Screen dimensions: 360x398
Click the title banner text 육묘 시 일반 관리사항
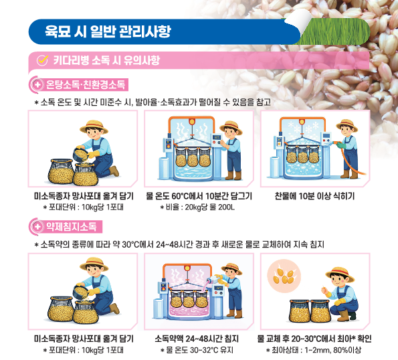107,31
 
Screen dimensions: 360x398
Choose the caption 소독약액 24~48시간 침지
199,338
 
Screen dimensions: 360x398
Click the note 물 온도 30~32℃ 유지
199,349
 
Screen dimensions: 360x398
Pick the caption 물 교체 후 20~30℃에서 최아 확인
314,338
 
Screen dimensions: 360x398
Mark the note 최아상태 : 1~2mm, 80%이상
314,349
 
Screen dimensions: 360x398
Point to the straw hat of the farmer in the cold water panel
346,124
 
